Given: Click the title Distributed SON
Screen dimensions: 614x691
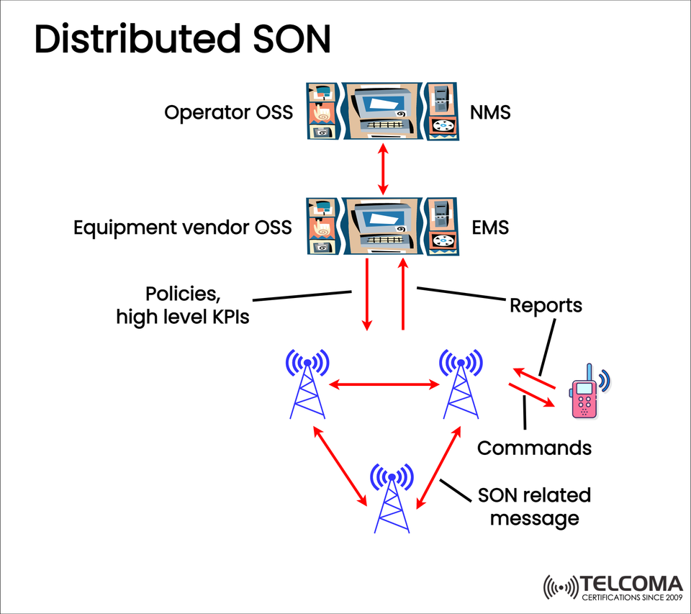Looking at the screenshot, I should pos(182,40).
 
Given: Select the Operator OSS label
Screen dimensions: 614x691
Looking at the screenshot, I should pos(228,113).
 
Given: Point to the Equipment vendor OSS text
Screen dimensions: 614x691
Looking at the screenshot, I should pos(183,227).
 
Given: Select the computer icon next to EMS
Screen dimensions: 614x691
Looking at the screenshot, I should pos(381,225).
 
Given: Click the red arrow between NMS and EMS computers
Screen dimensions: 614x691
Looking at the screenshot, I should pos(383,168).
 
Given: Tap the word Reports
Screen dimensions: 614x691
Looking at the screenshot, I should pos(546,305).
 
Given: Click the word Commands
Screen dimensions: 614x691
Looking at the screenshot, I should pos(534,448).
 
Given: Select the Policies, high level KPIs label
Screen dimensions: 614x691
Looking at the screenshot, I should pos(183,305).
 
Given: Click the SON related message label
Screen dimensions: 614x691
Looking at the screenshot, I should pos(534,507).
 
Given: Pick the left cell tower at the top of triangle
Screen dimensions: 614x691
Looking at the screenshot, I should pos(307,384).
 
